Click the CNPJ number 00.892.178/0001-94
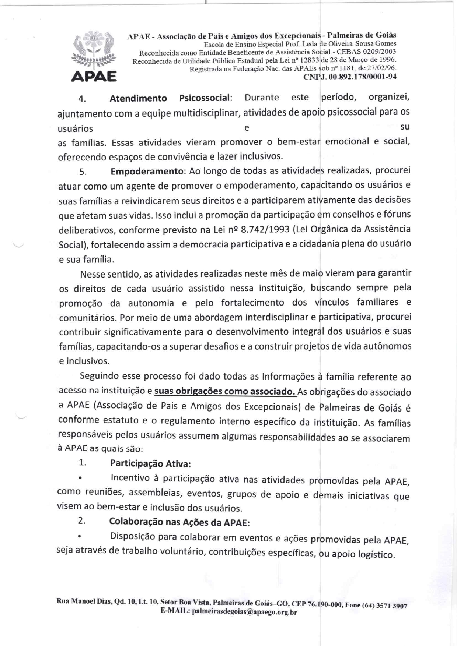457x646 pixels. click(x=350, y=77)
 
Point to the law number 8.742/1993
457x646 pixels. click(x=265, y=230)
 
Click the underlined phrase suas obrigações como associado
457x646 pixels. click(x=225, y=391)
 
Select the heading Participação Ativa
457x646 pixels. click(x=150, y=463)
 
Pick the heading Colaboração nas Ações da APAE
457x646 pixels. click(x=179, y=522)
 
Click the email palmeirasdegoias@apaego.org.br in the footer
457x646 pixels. click(x=244, y=612)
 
